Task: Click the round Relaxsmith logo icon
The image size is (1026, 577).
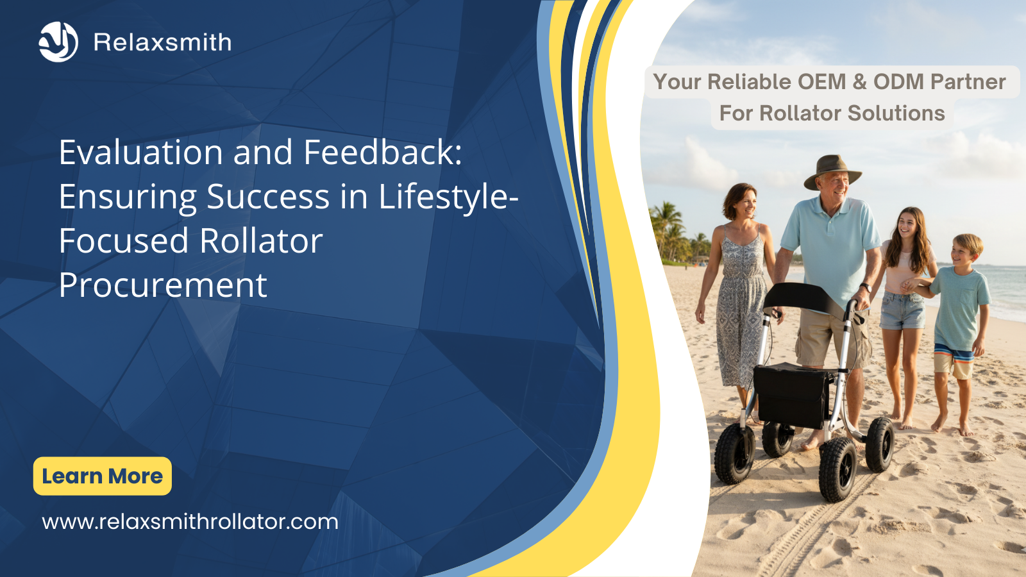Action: pyautogui.click(x=58, y=42)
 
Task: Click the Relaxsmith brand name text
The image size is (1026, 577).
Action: pyautogui.click(x=163, y=42)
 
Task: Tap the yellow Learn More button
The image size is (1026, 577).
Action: pyautogui.click(x=102, y=476)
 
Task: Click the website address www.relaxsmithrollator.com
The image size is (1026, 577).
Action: pyautogui.click(x=190, y=522)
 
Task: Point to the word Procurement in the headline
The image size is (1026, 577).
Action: pyautogui.click(x=163, y=285)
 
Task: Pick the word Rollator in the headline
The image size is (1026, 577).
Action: pyautogui.click(x=261, y=240)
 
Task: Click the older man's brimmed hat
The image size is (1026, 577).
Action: pyautogui.click(x=832, y=171)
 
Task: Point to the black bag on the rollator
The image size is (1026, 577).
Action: pyautogui.click(x=792, y=395)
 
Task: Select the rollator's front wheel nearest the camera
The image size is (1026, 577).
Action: pyautogui.click(x=837, y=469)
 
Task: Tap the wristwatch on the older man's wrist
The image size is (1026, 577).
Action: pyautogui.click(x=865, y=288)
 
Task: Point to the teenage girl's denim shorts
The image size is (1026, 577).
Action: pyautogui.click(x=902, y=310)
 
